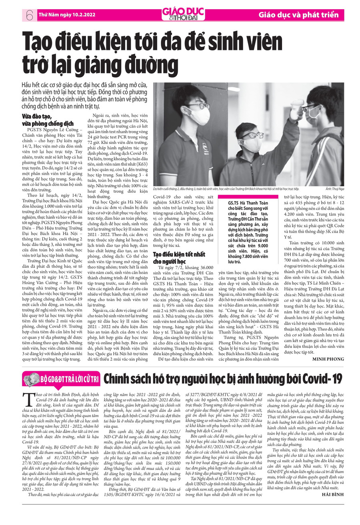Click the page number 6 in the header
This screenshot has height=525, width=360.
point(28,15)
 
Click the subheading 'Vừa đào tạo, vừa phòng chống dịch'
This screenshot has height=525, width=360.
point(48,120)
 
